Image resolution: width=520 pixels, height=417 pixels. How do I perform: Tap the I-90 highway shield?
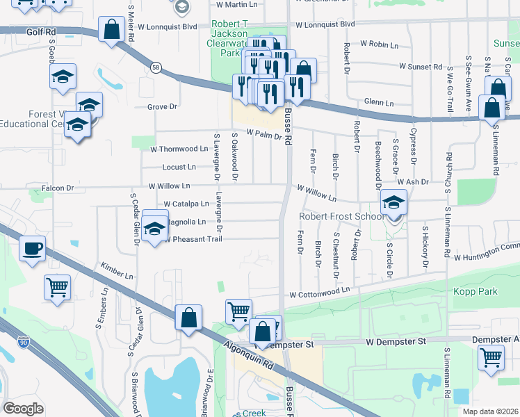click(23, 343)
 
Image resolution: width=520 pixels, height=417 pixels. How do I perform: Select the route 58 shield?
click(155, 67)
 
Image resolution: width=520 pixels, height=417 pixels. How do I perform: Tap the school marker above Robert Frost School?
click(394, 203)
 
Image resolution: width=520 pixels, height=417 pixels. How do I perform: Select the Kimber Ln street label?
click(116, 271)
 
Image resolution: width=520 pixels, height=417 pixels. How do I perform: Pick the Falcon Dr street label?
click(58, 188)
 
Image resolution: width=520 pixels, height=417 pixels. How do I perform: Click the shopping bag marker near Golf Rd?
click(112, 31)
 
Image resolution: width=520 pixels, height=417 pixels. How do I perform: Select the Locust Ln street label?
click(179, 167)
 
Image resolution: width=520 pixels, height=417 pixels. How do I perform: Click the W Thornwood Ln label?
click(179, 149)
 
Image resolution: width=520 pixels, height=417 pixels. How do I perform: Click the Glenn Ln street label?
click(379, 102)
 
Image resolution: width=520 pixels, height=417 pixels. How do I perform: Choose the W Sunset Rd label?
click(421, 67)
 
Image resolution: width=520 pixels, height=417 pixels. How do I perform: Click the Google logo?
click(23, 409)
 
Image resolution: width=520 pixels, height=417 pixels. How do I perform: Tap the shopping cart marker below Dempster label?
click(491, 359)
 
